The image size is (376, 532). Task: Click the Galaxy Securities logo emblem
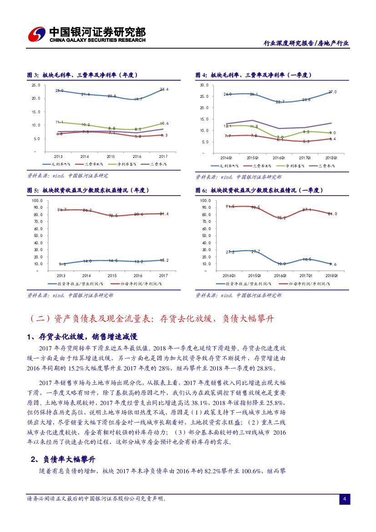(x=36, y=35)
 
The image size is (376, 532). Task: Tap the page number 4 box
(x=345, y=499)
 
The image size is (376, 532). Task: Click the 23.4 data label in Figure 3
(x=164, y=90)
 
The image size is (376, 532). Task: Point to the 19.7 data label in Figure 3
(x=138, y=99)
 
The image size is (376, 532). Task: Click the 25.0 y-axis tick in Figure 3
(x=36, y=85)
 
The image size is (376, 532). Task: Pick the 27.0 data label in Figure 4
(x=332, y=92)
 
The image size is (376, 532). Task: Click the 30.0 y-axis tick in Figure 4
(x=204, y=85)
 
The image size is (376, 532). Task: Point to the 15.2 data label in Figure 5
(x=164, y=260)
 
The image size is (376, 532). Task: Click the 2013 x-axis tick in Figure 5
(x=60, y=275)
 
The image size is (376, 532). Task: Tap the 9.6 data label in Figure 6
(x=332, y=264)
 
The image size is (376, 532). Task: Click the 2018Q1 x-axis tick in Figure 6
(x=332, y=275)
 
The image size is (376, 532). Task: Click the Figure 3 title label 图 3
(x=32, y=75)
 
